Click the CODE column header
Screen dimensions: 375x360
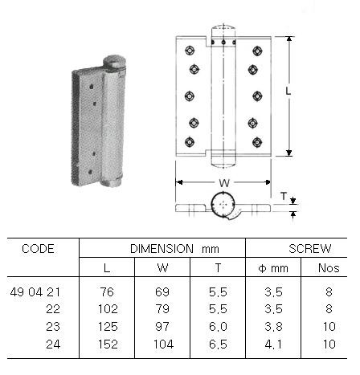(x=38, y=249)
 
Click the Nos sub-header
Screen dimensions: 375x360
(x=328, y=267)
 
